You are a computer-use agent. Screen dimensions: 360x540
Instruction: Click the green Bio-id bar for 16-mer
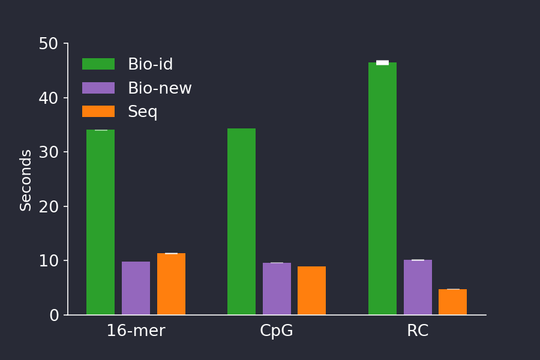[100, 222]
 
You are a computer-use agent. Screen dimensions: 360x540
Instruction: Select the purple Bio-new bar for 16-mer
[136, 288]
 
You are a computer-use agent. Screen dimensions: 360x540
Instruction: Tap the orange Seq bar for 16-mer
[171, 284]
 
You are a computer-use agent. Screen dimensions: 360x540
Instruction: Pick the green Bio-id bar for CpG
[241, 221]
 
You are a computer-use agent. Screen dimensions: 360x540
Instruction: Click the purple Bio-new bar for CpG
[277, 289]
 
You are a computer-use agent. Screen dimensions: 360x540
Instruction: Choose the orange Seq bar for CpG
[311, 290]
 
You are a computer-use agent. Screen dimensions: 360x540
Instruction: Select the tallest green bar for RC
[382, 188]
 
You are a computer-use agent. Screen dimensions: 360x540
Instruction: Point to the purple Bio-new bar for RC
[418, 287]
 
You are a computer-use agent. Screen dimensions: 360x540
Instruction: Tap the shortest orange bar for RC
[452, 302]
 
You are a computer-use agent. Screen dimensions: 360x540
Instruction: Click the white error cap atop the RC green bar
[382, 62]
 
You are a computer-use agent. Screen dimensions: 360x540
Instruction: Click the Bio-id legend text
[150, 65]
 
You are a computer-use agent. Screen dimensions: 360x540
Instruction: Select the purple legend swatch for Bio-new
[98, 88]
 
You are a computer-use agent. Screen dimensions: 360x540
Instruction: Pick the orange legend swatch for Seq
[98, 112]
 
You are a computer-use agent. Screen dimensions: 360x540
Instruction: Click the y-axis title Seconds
[26, 180]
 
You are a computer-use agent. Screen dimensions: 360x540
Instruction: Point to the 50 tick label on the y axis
[48, 44]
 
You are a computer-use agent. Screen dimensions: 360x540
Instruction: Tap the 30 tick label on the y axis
[48, 152]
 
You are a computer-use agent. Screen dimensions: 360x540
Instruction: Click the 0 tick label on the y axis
[54, 315]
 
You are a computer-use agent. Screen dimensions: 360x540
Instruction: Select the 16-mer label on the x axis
[136, 331]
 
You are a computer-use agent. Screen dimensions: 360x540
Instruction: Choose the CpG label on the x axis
[277, 331]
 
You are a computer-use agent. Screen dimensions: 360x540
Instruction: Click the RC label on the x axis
[418, 331]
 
